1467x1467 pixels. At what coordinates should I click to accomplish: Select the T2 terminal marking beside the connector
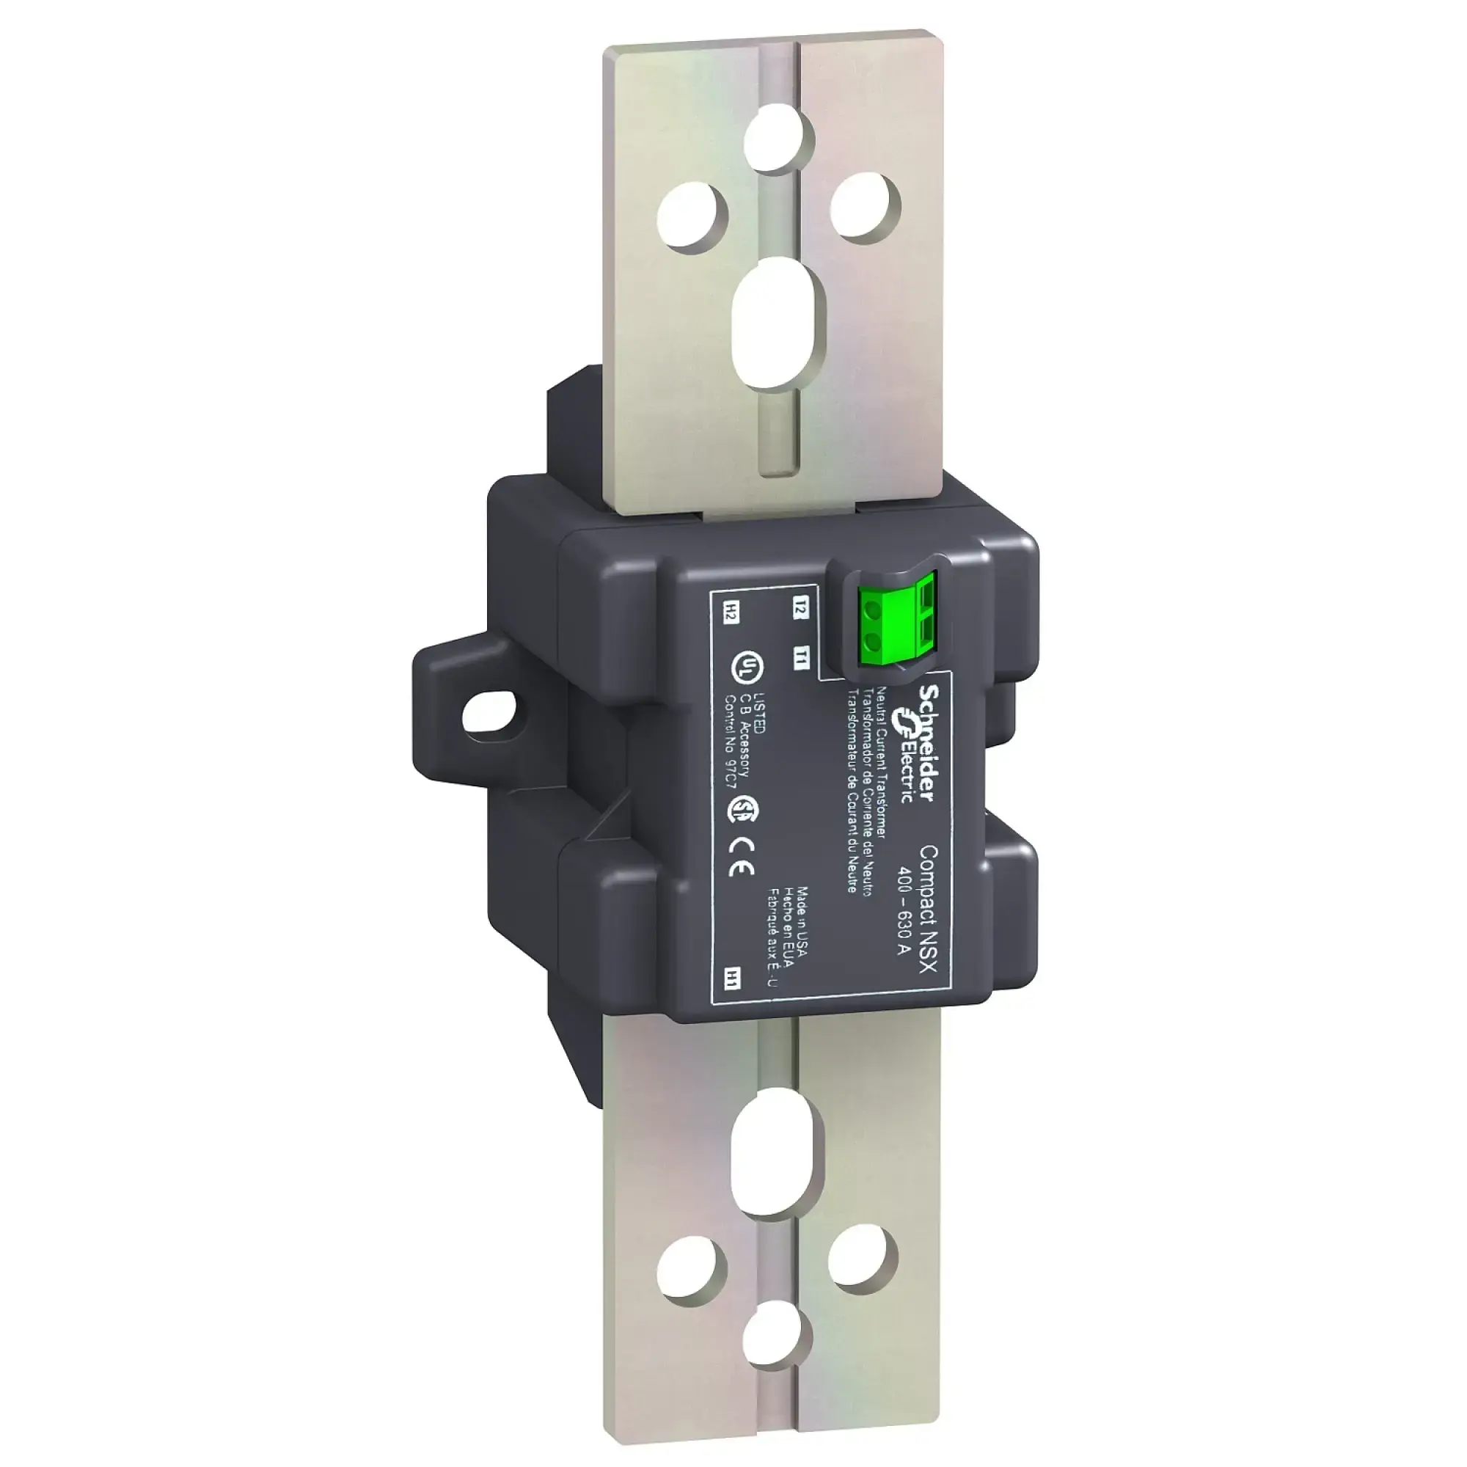pyautogui.click(x=800, y=609)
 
